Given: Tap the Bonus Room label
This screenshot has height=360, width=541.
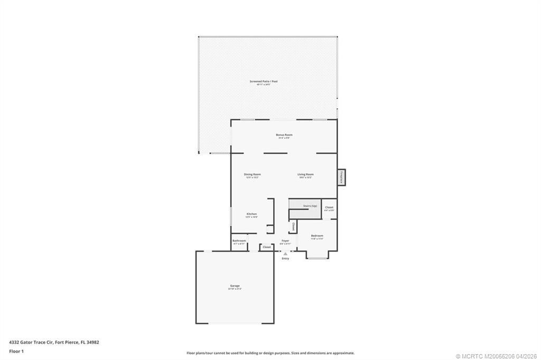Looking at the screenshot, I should pyautogui.click(x=284, y=135).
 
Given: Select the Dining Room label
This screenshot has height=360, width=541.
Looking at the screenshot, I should pyautogui.click(x=252, y=174).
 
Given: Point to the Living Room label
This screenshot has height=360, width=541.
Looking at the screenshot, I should pyautogui.click(x=305, y=174).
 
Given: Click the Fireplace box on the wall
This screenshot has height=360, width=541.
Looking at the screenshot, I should pyautogui.click(x=342, y=177).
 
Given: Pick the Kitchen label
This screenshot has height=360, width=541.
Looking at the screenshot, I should pyautogui.click(x=251, y=214).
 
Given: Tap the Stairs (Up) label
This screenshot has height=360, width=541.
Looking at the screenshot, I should pyautogui.click(x=310, y=206).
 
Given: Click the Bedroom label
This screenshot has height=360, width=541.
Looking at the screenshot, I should pyautogui.click(x=317, y=235).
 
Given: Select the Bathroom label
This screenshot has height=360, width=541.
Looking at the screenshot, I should pyautogui.click(x=239, y=241).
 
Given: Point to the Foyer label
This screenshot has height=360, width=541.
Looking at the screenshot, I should pyautogui.click(x=285, y=241).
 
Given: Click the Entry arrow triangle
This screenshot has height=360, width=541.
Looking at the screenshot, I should pyautogui.click(x=285, y=253).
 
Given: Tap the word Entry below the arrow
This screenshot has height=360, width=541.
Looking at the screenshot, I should pyautogui.click(x=285, y=258).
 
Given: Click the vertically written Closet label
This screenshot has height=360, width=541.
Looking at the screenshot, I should pyautogui.click(x=293, y=226).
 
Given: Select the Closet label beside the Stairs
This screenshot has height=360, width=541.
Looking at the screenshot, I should pyautogui.click(x=329, y=207).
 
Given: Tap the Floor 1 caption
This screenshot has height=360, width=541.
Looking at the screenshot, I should pyautogui.click(x=16, y=350).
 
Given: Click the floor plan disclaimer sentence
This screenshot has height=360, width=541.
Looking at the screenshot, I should pyautogui.click(x=270, y=353).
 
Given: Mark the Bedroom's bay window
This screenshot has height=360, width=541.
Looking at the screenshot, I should pyautogui.click(x=318, y=258).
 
